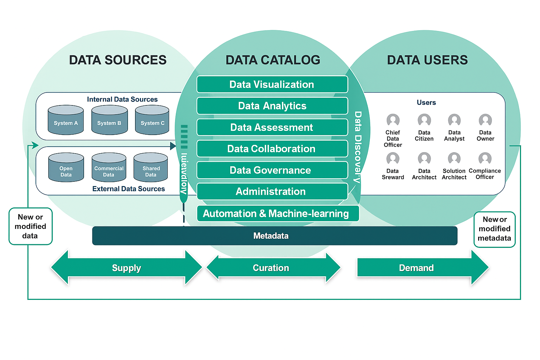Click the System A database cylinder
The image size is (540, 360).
pos(66,120)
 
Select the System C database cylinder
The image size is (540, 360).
pos(152,120)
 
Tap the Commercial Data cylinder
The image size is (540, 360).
pos(109,168)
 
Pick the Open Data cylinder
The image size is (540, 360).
pos(66,168)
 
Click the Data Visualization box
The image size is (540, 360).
pos(272,84)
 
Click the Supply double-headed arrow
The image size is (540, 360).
pos(127,268)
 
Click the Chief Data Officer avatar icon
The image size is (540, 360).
pos(393,120)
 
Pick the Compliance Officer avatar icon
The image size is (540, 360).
pos(485,159)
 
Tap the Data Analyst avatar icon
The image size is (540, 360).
pos(454,120)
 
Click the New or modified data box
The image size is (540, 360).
pos(31,226)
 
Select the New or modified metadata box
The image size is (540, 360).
pos(494,229)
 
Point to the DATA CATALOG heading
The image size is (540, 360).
pos(273,60)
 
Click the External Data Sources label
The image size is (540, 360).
pos(128,189)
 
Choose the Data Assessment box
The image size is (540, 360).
pos(272,127)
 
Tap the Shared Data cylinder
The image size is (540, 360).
pos(151,168)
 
